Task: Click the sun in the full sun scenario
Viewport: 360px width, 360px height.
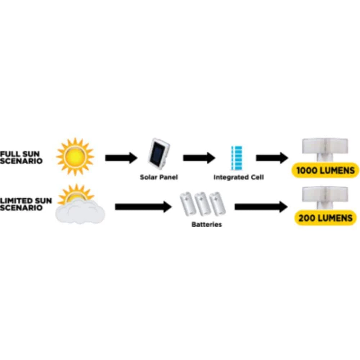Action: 75,157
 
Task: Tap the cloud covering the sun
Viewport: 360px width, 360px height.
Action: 80,211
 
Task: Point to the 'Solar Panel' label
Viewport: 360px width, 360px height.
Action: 159,177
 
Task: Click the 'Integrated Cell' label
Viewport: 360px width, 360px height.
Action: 238,177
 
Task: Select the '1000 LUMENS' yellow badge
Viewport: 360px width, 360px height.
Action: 325,170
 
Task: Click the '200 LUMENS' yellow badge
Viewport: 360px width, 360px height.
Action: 325,218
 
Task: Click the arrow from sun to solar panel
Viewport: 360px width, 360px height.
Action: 121,157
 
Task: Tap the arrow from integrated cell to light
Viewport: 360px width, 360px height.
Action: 272,157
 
